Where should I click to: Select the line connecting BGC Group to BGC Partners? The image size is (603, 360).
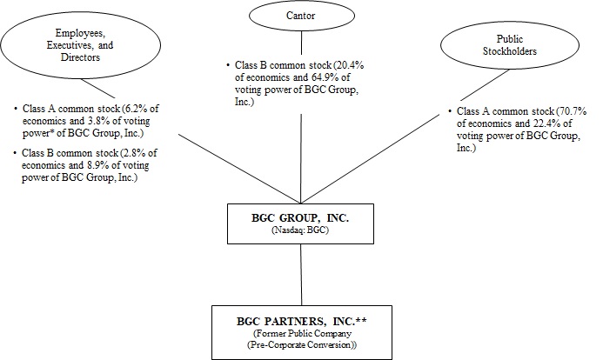click(300, 273)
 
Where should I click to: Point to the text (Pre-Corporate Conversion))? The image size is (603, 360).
click(300, 346)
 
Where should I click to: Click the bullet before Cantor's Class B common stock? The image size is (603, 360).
click(227, 65)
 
